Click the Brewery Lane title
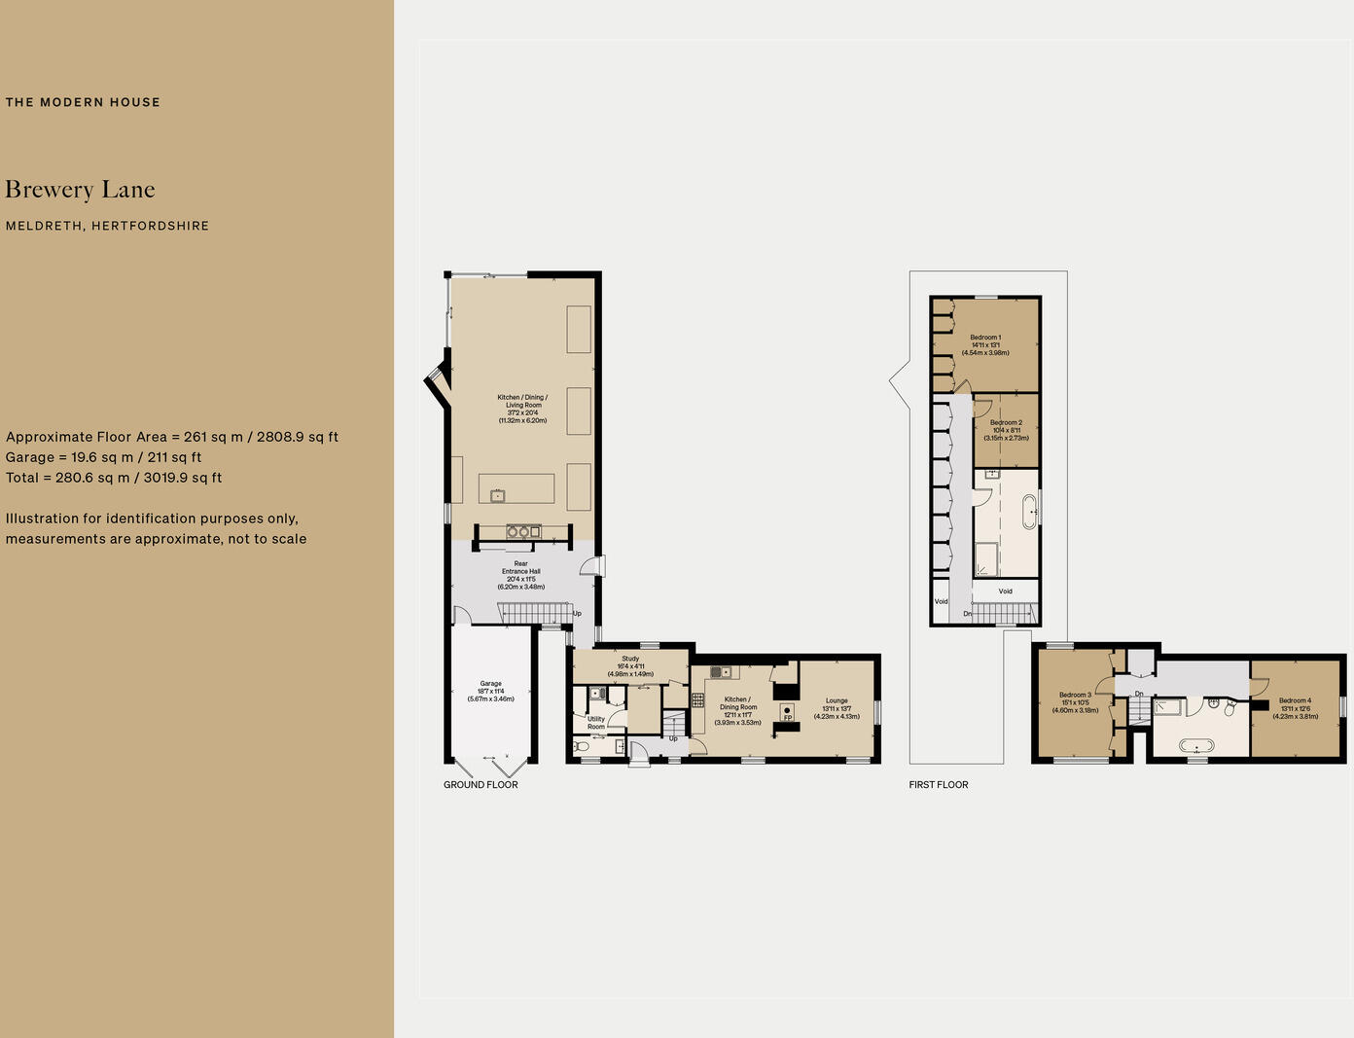click(x=80, y=190)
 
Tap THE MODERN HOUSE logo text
click(x=83, y=102)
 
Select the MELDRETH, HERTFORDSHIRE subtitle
click(x=107, y=226)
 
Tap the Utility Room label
click(x=596, y=723)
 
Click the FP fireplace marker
click(x=788, y=717)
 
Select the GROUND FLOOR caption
click(x=481, y=785)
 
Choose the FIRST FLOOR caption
click(x=939, y=785)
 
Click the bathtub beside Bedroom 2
click(x=1029, y=511)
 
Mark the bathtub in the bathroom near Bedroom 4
click(x=1196, y=746)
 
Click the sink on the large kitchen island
click(x=498, y=496)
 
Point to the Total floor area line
click(x=114, y=478)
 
